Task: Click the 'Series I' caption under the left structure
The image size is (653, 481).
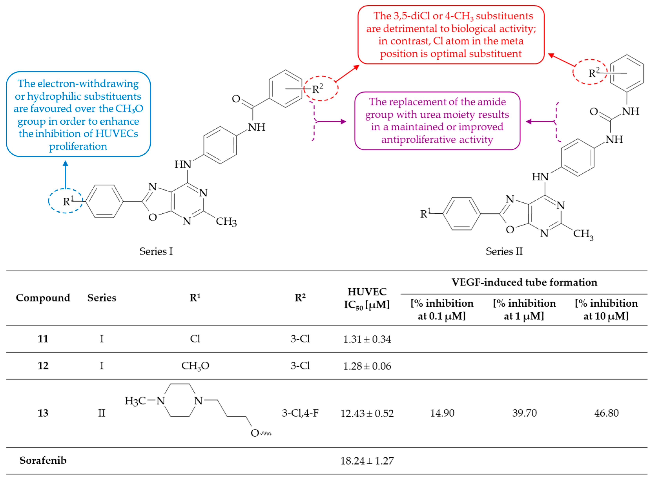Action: click(x=156, y=251)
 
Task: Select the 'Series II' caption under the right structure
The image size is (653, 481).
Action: click(x=504, y=251)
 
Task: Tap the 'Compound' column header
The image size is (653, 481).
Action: click(x=43, y=298)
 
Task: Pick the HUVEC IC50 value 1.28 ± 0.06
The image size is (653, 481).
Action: click(x=367, y=366)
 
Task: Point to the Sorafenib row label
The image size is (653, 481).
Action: click(x=43, y=460)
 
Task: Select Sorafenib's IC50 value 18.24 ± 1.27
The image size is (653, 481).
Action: click(x=367, y=461)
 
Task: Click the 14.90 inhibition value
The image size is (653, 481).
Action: click(x=442, y=413)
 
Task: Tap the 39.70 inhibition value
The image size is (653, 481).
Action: click(x=524, y=413)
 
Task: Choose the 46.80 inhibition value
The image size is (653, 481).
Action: click(x=606, y=413)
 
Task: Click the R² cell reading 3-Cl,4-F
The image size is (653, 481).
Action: click(x=300, y=413)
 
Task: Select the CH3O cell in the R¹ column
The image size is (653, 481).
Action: click(x=195, y=366)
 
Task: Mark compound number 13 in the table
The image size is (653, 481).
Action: click(x=43, y=413)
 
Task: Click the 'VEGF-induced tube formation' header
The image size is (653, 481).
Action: click(x=524, y=282)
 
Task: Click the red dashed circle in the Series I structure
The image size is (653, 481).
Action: click(x=321, y=88)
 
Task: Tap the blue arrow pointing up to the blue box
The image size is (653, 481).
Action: click(x=66, y=175)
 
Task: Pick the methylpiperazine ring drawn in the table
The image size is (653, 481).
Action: click(x=180, y=400)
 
